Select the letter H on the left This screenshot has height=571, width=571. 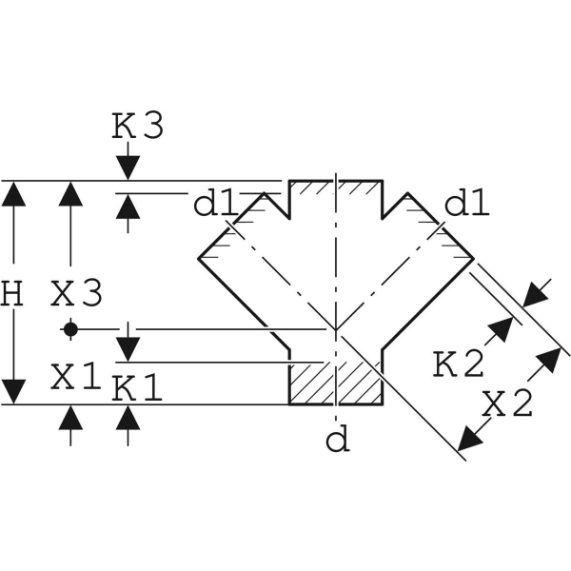(11, 294)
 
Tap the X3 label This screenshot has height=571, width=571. (76, 294)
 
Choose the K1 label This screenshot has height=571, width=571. (138, 387)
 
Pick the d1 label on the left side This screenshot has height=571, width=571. (214, 204)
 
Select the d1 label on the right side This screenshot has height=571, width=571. (467, 204)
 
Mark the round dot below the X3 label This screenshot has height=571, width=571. (70, 329)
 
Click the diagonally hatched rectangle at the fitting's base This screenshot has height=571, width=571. (335, 383)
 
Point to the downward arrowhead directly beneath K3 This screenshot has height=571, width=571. (128, 167)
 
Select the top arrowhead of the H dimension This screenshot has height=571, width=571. (13, 193)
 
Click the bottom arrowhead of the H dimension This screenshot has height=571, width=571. (13, 391)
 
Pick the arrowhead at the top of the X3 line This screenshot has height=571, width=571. (70, 193)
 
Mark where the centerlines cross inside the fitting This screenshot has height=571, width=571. (335, 329)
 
